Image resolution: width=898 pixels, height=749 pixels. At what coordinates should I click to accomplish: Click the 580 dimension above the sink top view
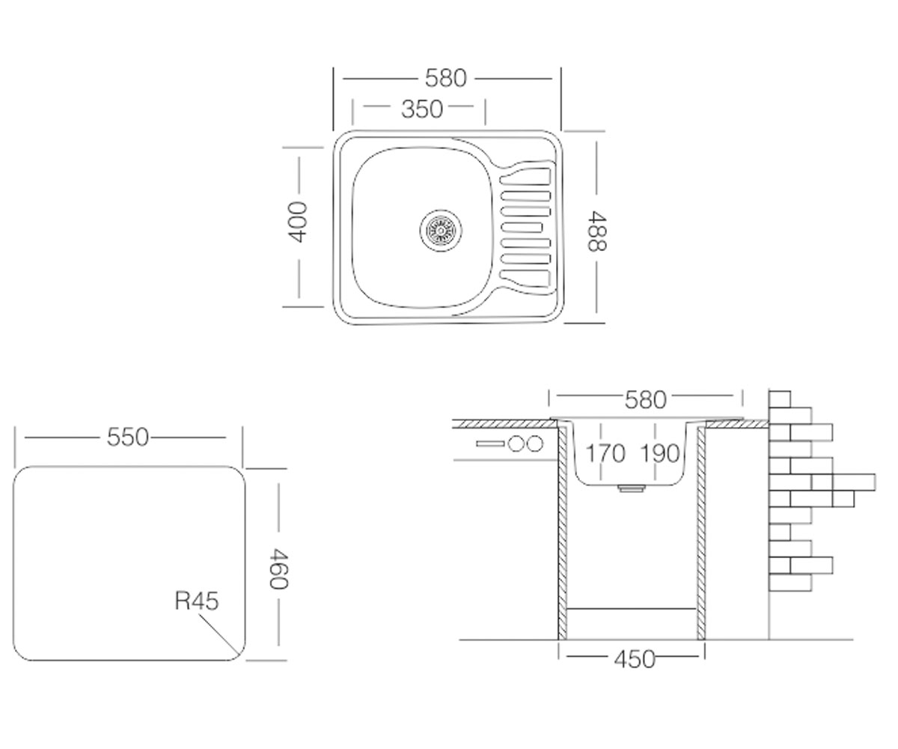(x=445, y=79)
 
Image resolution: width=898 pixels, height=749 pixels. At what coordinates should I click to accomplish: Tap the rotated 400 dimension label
(x=297, y=222)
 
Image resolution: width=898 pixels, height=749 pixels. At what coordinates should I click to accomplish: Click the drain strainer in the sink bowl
(x=441, y=231)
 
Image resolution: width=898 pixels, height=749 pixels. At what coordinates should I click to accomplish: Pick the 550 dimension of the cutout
(x=127, y=437)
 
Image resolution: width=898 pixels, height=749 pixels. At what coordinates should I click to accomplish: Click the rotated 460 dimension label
(x=278, y=568)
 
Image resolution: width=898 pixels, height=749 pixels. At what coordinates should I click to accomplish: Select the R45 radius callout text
(x=197, y=601)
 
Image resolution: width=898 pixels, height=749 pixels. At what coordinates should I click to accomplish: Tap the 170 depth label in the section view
(x=605, y=454)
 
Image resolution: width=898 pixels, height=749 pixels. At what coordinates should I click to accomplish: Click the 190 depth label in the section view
(x=660, y=454)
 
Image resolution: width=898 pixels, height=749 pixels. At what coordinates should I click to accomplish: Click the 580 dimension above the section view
(x=645, y=400)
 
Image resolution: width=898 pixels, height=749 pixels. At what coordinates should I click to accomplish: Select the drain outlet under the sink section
(x=631, y=488)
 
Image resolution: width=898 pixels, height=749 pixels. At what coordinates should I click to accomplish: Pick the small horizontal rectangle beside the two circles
(x=490, y=444)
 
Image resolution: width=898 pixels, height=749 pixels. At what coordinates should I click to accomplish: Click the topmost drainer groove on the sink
(x=525, y=177)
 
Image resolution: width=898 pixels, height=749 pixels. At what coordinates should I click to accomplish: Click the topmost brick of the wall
(x=779, y=399)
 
